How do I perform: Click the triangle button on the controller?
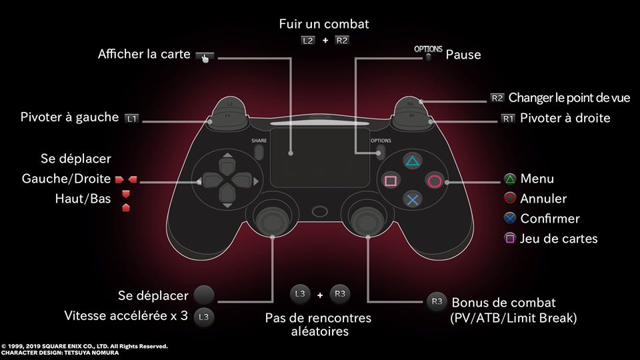412,161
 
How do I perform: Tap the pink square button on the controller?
391,181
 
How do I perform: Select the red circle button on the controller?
434,181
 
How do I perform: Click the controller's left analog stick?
272,220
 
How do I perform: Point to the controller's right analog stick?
367,220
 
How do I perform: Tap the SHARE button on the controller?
259,152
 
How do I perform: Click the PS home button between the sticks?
319,211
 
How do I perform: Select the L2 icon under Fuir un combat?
308,41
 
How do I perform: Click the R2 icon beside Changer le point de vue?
497,98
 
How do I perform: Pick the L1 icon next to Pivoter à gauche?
132,119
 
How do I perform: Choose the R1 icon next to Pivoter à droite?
508,119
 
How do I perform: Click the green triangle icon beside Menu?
510,179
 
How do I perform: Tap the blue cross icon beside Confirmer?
510,219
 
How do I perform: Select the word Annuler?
543,199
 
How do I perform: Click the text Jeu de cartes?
559,239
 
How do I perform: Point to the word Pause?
463,55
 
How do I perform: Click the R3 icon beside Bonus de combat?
437,301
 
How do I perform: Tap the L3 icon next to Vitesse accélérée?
204,316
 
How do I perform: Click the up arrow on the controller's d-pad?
227,155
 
